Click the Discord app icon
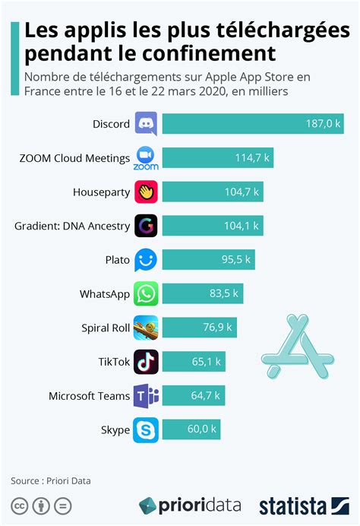[146, 124]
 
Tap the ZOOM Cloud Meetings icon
[146, 158]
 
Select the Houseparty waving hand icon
[146, 192]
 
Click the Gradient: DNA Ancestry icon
[146, 227]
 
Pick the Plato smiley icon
[146, 260]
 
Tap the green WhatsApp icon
[146, 294]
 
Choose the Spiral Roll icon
[146, 328]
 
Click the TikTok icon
[146, 362]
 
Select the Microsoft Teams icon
[146, 396]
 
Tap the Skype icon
[146, 429]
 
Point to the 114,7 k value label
[251, 158]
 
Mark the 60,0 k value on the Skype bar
[203, 430]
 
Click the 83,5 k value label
[223, 294]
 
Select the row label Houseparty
[101, 192]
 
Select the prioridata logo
[190, 505]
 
